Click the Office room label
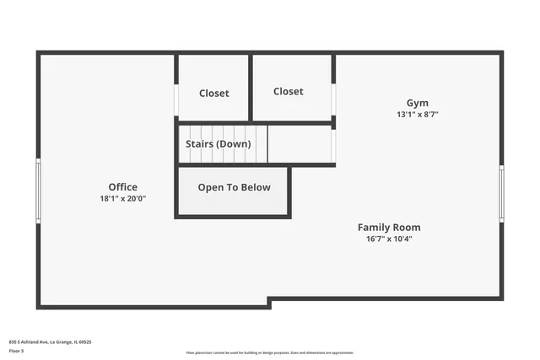pos(122,187)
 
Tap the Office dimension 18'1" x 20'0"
pos(122,199)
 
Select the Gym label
pos(418,103)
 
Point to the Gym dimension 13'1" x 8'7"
pos(418,115)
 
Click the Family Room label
pos(389,228)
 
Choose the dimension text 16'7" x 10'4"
pos(389,239)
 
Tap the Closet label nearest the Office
pos(213,94)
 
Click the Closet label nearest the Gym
pos(288,91)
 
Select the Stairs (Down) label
pos(218,144)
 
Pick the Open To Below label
pos(234,188)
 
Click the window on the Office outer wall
pos(38,191)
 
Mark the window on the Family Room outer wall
pos(501,193)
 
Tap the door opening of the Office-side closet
pos(175,99)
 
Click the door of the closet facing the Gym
pos(334,99)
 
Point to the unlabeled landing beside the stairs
pos(300,144)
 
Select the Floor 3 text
pos(17,352)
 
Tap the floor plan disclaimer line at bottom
pos(269,352)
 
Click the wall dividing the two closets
pos(251,88)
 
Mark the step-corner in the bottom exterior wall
pos(269,302)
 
